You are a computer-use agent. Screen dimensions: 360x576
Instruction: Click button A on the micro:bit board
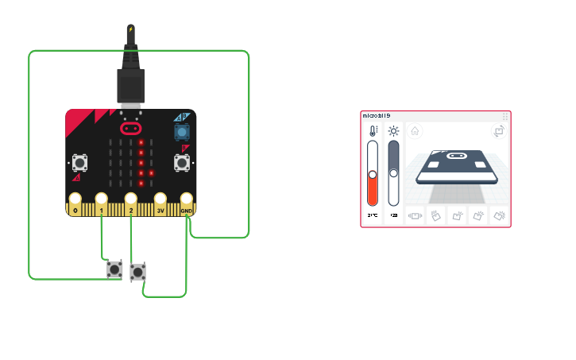[x=80, y=162]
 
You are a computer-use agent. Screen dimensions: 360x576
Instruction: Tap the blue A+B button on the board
[x=182, y=130]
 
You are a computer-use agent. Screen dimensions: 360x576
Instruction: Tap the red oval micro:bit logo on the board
[x=130, y=127]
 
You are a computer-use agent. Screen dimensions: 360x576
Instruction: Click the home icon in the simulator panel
[x=416, y=131]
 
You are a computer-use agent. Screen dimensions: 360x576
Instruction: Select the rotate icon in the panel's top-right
[x=499, y=131]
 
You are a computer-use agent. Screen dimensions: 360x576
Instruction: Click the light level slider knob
[x=393, y=173]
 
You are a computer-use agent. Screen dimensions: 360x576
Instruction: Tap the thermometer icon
[x=373, y=131]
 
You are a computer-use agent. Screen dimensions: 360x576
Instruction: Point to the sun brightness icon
[x=393, y=131]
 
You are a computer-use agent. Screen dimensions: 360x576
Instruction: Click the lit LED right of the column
[x=150, y=172]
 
